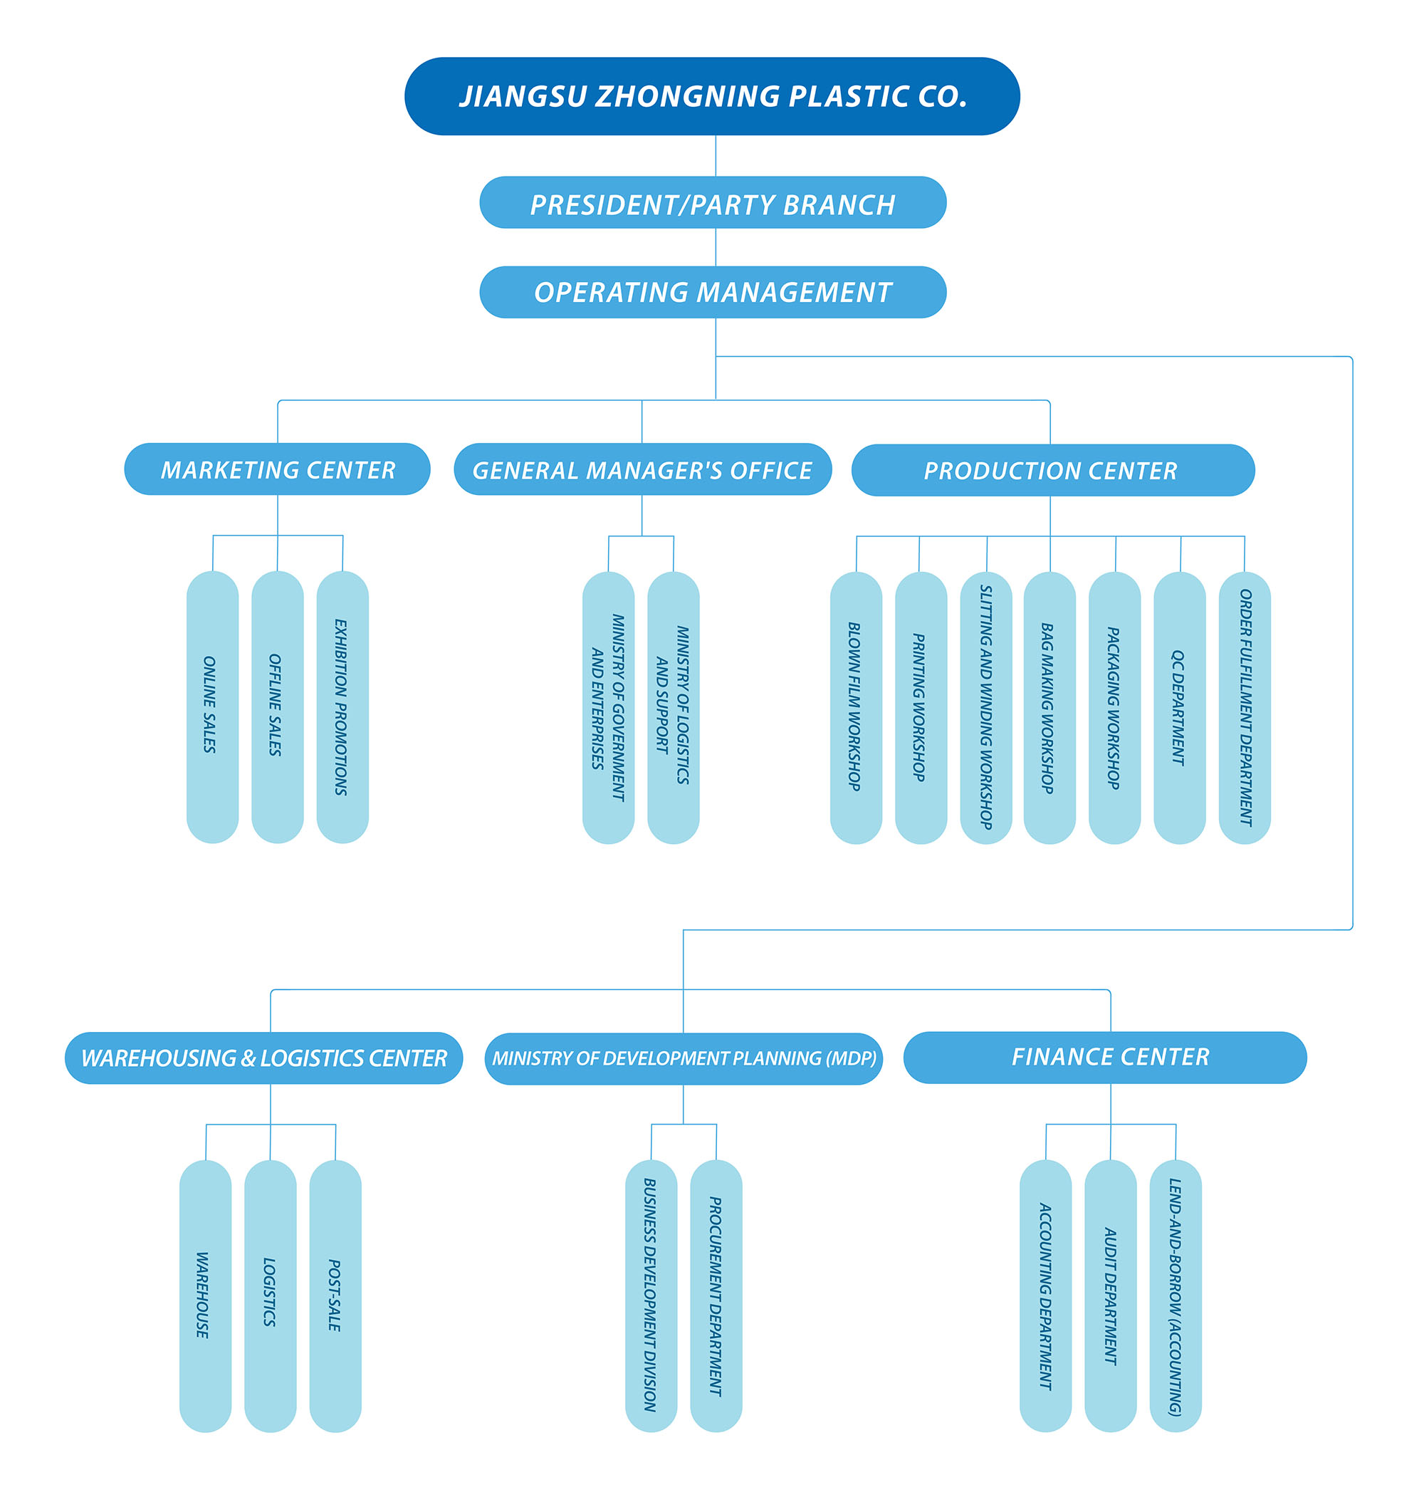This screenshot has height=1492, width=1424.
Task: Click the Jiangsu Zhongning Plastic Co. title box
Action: (x=712, y=96)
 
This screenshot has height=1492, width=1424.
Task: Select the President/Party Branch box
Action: (x=713, y=203)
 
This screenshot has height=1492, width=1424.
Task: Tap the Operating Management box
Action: (x=713, y=292)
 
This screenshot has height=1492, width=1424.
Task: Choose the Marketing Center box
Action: (x=277, y=469)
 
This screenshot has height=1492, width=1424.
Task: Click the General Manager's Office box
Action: (x=642, y=469)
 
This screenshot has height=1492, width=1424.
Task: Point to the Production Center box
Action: (x=1053, y=470)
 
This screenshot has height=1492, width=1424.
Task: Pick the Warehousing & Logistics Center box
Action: (x=263, y=1058)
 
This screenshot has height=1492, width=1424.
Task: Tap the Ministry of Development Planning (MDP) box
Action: (x=683, y=1058)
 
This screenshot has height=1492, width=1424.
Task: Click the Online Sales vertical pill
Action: (x=213, y=707)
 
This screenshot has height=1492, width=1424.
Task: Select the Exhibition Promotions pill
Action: (x=342, y=707)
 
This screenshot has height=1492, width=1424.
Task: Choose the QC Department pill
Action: (x=1180, y=707)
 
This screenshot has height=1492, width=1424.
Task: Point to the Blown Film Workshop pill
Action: (x=857, y=707)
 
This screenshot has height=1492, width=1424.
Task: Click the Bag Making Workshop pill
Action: (x=1049, y=707)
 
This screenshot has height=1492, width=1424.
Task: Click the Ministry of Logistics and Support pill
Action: (x=674, y=707)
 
